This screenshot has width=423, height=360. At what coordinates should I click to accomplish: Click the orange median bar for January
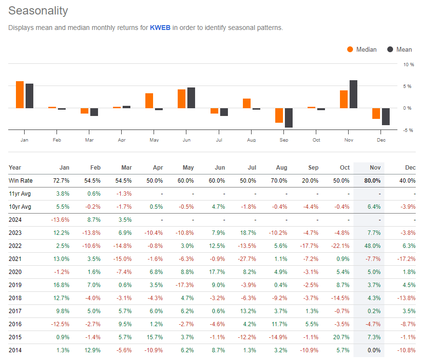click(x=20, y=95)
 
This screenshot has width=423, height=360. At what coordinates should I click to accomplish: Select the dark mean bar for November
click(x=353, y=94)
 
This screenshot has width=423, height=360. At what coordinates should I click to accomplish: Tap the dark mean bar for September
click(x=289, y=117)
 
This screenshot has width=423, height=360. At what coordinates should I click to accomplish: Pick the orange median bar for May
click(x=149, y=101)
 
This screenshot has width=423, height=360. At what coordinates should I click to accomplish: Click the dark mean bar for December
click(x=386, y=116)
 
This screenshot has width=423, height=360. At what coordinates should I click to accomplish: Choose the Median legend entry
click(x=362, y=49)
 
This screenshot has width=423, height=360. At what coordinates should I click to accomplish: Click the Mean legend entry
click(x=399, y=49)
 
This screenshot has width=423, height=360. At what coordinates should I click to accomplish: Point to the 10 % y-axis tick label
click(x=409, y=64)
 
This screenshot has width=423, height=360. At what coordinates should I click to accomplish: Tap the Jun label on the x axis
click(x=186, y=140)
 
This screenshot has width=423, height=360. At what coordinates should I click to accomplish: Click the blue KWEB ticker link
click(x=160, y=28)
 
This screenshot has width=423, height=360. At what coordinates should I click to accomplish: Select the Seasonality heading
click(x=38, y=11)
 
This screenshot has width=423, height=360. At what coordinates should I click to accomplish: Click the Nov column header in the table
click(x=375, y=168)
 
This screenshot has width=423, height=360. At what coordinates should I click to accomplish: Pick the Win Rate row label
click(x=20, y=181)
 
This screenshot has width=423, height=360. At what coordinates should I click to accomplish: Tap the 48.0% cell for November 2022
click(x=372, y=246)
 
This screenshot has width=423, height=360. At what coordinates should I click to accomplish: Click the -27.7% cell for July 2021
click(x=247, y=259)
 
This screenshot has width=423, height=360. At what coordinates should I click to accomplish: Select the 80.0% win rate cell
click(x=372, y=181)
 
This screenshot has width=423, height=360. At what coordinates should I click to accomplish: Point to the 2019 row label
click(x=15, y=285)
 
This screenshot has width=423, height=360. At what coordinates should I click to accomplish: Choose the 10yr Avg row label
click(x=20, y=207)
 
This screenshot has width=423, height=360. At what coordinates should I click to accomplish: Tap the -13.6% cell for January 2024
click(x=60, y=220)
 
